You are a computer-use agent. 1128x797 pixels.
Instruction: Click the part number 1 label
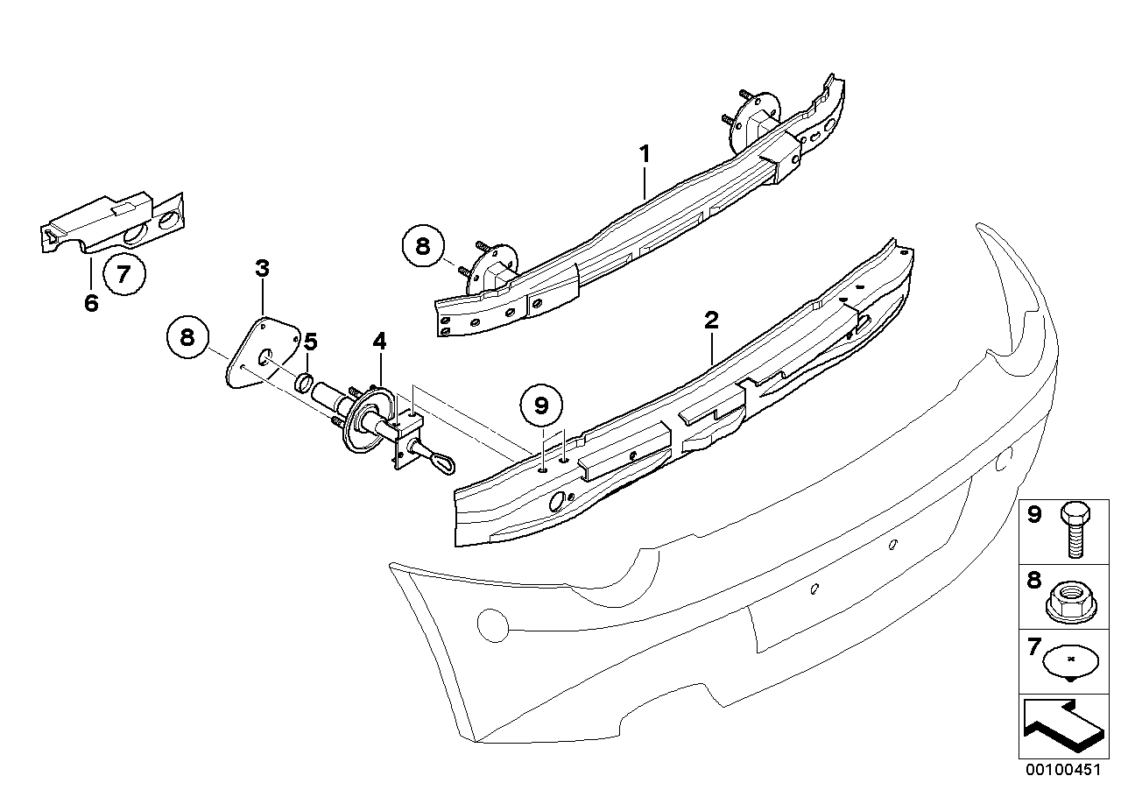644,155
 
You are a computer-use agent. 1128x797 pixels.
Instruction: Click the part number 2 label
711,320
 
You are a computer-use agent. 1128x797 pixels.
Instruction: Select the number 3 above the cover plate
262,268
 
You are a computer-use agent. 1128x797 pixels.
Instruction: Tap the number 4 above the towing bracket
378,340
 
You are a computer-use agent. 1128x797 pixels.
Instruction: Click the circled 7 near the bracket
123,273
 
